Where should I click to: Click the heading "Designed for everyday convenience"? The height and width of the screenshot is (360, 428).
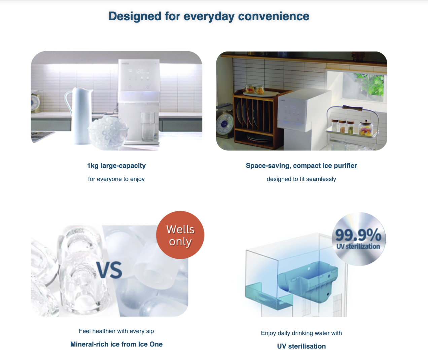209,16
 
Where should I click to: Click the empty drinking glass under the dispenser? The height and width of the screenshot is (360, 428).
148,127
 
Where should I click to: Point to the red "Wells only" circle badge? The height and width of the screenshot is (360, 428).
180,235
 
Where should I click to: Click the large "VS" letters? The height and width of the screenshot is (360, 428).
110,270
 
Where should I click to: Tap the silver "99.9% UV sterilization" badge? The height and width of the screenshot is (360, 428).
358,239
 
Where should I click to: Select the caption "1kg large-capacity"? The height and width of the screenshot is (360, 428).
116,166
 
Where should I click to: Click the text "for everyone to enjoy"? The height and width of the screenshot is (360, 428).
116,179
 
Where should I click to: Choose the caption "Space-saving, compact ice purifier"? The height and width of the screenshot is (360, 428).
301,166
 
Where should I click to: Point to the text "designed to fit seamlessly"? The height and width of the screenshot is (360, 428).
301,179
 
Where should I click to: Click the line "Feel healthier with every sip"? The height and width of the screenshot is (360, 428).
116,331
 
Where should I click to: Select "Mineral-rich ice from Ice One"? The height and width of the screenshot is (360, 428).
116,344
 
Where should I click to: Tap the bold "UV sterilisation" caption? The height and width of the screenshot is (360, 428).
301,346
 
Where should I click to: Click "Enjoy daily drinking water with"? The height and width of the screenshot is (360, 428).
301,333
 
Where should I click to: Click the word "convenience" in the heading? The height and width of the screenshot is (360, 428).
274,16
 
